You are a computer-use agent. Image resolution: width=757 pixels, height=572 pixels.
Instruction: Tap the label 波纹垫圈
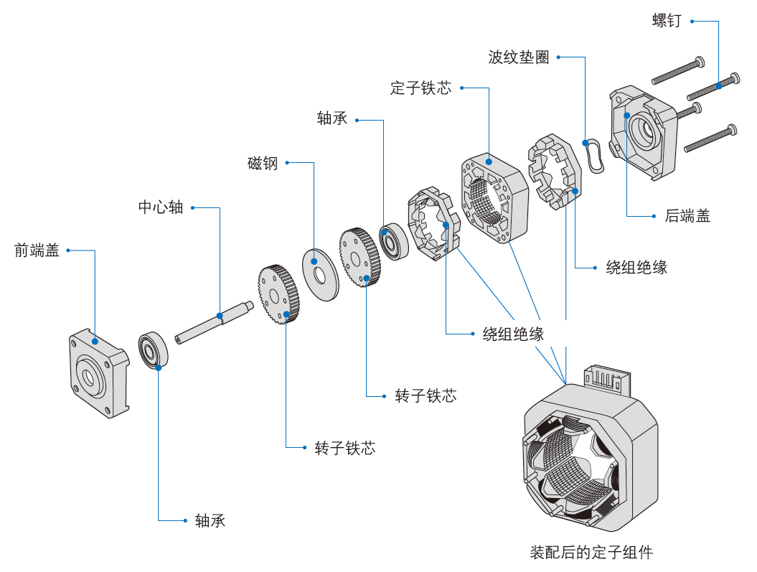coord(518,57)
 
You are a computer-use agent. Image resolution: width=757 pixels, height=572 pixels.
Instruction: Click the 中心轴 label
coord(161,207)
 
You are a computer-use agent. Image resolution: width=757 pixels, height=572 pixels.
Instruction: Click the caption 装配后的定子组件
coord(591,553)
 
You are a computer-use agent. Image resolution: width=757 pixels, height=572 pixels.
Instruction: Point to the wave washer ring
coord(595,155)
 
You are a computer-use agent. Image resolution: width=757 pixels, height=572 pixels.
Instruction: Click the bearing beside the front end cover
coord(153,350)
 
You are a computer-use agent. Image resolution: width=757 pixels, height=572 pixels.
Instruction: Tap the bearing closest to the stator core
coord(393,243)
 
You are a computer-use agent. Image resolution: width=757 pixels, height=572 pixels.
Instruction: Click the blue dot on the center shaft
coord(219,314)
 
